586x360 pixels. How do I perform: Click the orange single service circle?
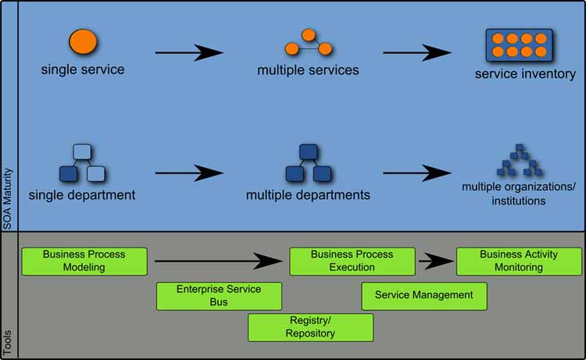tap(82, 42)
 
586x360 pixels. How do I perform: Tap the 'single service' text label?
tap(82, 70)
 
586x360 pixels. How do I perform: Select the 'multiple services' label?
tap(308, 70)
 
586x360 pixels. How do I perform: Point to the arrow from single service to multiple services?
tap(189, 52)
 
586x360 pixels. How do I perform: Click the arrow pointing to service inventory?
tap(416, 52)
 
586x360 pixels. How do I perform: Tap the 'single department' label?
tap(82, 194)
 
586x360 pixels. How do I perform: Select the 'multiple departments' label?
tap(308, 194)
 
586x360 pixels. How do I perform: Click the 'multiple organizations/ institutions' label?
tap(518, 194)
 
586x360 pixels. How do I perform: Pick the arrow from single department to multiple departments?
tap(189, 172)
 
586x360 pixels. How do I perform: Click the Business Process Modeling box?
tap(84, 261)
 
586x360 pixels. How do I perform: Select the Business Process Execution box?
tap(352, 261)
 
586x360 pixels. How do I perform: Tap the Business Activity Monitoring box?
tap(519, 261)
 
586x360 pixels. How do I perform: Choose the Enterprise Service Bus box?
tap(219, 295)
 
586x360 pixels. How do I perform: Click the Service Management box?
tap(424, 295)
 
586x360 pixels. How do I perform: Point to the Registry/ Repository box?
tap(310, 327)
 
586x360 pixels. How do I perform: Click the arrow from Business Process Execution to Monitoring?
tap(436, 261)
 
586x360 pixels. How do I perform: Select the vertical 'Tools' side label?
tap(9, 342)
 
